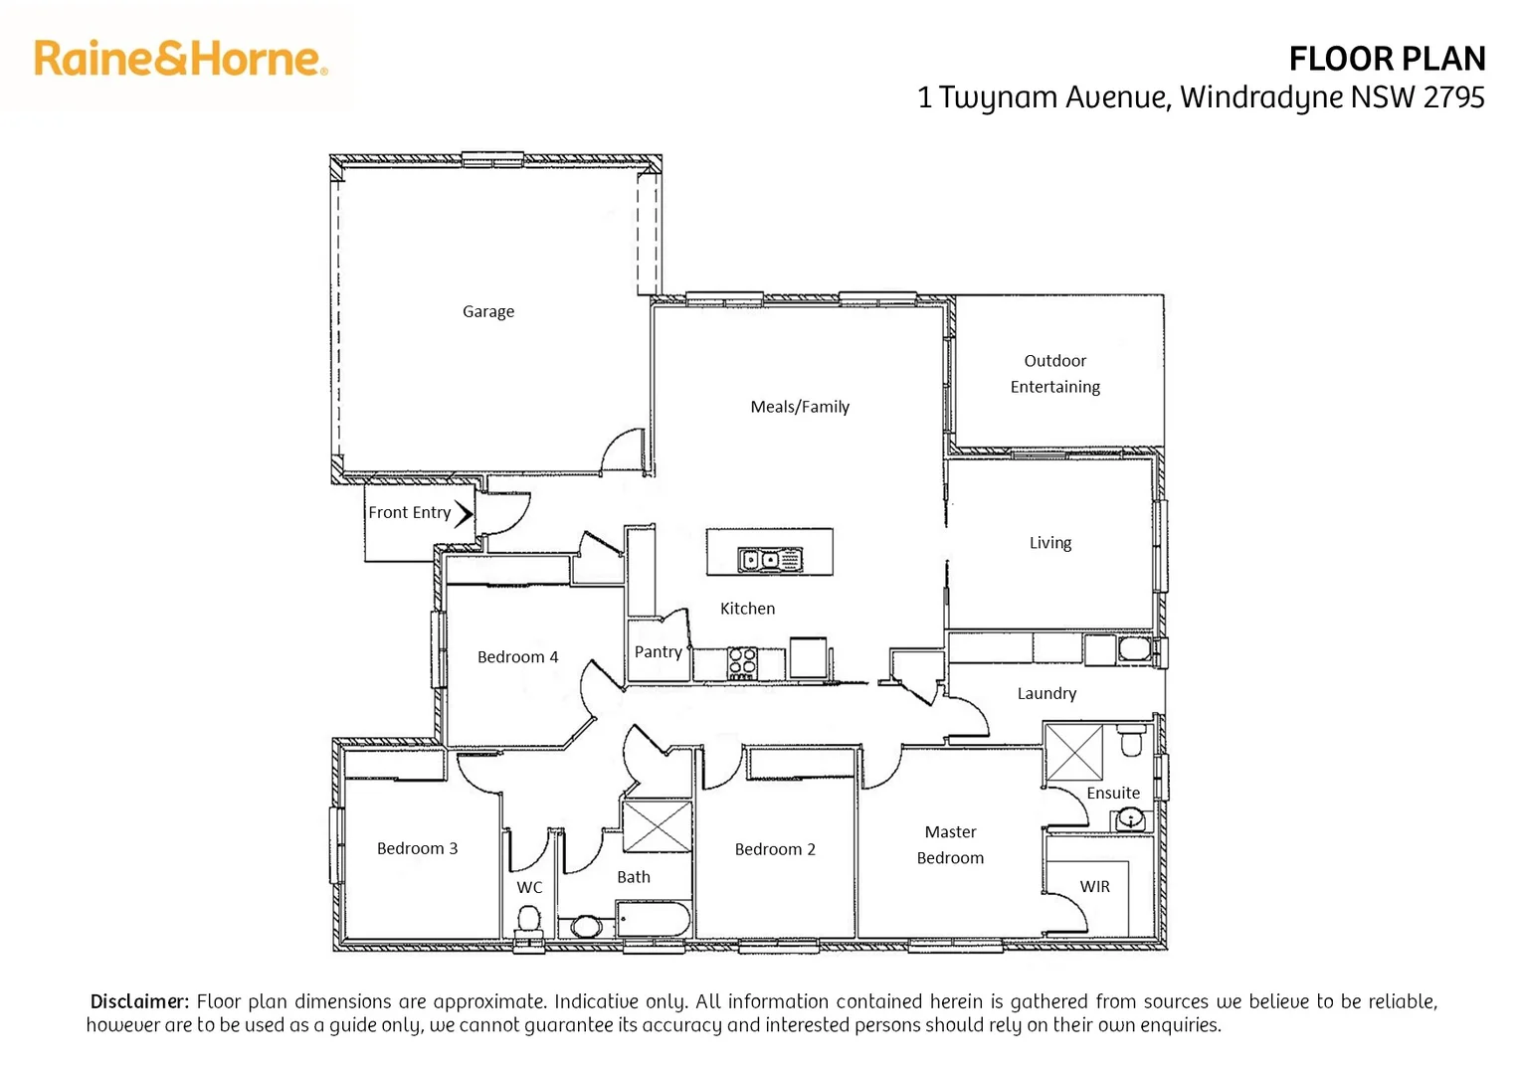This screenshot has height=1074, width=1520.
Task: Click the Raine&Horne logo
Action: pos(180,59)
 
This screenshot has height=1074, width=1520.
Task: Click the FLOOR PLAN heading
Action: pos(1386,60)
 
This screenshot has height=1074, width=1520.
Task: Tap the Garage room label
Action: pos(488,311)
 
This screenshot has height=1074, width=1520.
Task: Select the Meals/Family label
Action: pos(800,407)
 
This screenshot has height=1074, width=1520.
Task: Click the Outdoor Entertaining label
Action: pos(1055,374)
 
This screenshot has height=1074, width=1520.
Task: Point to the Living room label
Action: pos(1050,543)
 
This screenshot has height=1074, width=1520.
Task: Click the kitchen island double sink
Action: pos(769,561)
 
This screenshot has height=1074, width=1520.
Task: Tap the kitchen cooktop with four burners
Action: pos(742,662)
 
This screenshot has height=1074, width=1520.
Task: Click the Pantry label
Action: pos(659,652)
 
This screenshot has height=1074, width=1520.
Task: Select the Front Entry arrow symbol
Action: pos(464,513)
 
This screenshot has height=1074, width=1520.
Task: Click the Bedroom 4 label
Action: pos(517,657)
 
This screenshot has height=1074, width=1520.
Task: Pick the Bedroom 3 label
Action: pos(417,848)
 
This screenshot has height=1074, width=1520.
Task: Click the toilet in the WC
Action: pos(528,920)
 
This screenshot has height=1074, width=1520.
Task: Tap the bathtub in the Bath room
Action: pos(653,920)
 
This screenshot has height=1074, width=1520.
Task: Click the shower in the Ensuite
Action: pos(1074,753)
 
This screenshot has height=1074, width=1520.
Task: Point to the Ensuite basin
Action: pos(1129,819)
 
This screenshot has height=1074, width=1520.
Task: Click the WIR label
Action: pos(1094,887)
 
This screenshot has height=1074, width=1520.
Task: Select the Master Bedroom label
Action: pos(950,845)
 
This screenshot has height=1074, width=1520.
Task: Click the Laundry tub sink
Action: pos(1133,650)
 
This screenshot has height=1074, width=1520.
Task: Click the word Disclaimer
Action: pos(139,1001)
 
